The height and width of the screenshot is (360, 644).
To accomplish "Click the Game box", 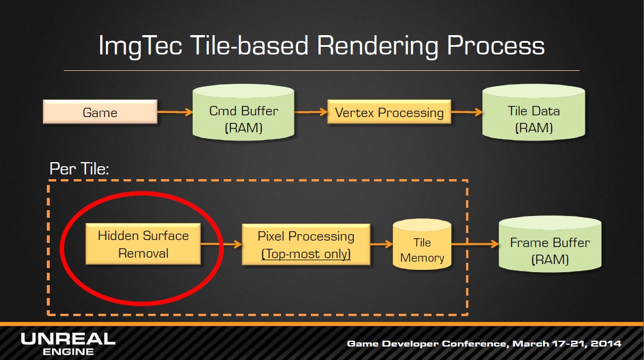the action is coord(100,112).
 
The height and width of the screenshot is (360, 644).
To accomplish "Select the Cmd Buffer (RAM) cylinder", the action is coord(244,112).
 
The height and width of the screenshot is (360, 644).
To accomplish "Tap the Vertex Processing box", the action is coord(389,112).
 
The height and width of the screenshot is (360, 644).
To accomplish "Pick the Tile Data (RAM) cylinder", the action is coord(533,112).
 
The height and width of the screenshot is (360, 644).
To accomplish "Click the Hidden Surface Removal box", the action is coord(143,244).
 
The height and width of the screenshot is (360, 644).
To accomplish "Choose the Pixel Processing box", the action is coord(306,244).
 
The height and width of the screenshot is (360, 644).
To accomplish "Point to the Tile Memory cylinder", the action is coord(422,244).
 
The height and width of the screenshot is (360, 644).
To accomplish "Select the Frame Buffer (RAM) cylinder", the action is coord(550,244).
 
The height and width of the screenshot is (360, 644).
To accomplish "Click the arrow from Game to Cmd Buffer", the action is coord(175,112).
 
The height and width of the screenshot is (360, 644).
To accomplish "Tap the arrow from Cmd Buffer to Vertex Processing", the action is coord(311,112).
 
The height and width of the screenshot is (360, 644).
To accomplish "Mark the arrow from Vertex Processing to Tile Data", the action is coord(467,112).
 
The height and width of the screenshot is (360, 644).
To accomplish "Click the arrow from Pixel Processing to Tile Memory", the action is coord(382,244).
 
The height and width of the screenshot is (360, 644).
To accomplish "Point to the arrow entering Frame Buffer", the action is coord(475,244).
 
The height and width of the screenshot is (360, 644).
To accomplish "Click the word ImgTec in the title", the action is coord(140,46).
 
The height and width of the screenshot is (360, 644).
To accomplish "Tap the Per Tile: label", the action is coord(79,169).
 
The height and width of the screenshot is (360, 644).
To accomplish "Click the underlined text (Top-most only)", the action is coord(306,253).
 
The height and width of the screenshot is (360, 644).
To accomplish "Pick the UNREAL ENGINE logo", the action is coord(68,344).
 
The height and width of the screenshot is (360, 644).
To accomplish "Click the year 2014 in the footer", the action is coord(606,344).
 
